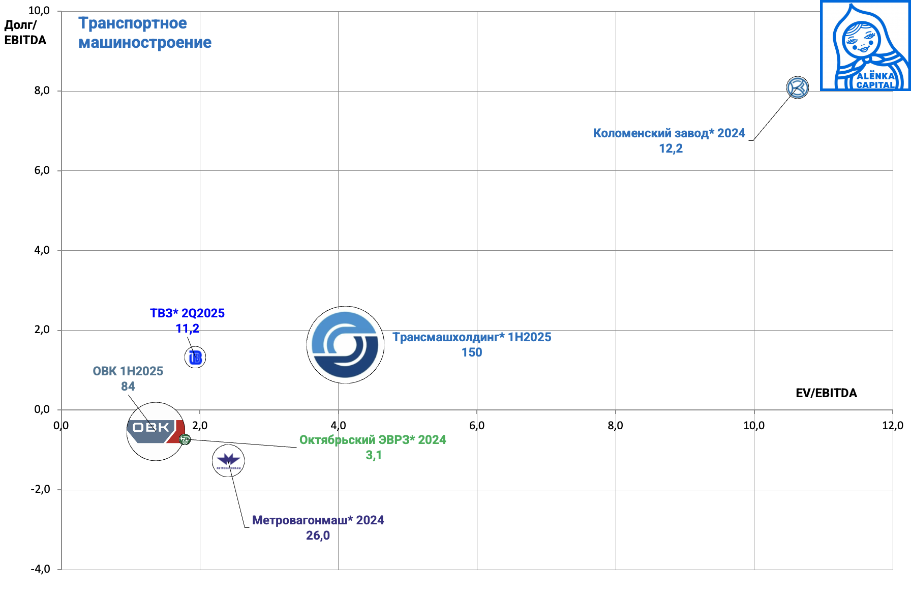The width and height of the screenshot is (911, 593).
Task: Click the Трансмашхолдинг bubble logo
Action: (x=345, y=345)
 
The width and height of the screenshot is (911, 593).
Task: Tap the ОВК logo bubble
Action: (x=155, y=431)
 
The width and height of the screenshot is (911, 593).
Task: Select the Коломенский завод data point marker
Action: (x=797, y=87)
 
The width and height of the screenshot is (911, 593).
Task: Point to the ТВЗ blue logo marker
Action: (x=195, y=358)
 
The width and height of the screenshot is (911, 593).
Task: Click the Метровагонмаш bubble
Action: (x=228, y=461)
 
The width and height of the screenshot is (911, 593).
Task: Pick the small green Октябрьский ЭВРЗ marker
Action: (x=185, y=439)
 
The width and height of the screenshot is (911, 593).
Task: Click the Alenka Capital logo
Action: (x=865, y=46)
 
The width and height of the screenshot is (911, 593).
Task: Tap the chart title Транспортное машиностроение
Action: (x=144, y=33)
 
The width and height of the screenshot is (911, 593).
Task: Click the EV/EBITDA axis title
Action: (x=826, y=393)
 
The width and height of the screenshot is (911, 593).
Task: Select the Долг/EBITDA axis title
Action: (x=25, y=33)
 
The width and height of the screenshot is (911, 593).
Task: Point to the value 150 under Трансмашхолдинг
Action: (x=472, y=352)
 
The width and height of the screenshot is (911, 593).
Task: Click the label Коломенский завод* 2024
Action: (x=669, y=133)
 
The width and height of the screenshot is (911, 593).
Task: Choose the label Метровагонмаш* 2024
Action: (x=318, y=520)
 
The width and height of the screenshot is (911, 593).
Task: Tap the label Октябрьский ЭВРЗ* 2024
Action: (x=373, y=440)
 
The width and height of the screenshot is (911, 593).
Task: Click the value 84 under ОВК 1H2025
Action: (x=128, y=387)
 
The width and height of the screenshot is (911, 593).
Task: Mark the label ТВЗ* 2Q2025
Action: (x=187, y=313)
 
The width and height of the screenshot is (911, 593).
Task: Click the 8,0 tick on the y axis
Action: (x=42, y=91)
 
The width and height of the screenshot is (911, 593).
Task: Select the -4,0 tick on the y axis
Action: (x=41, y=569)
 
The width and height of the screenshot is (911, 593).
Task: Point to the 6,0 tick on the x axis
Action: (x=477, y=426)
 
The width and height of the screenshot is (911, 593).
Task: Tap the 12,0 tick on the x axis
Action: (x=893, y=426)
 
